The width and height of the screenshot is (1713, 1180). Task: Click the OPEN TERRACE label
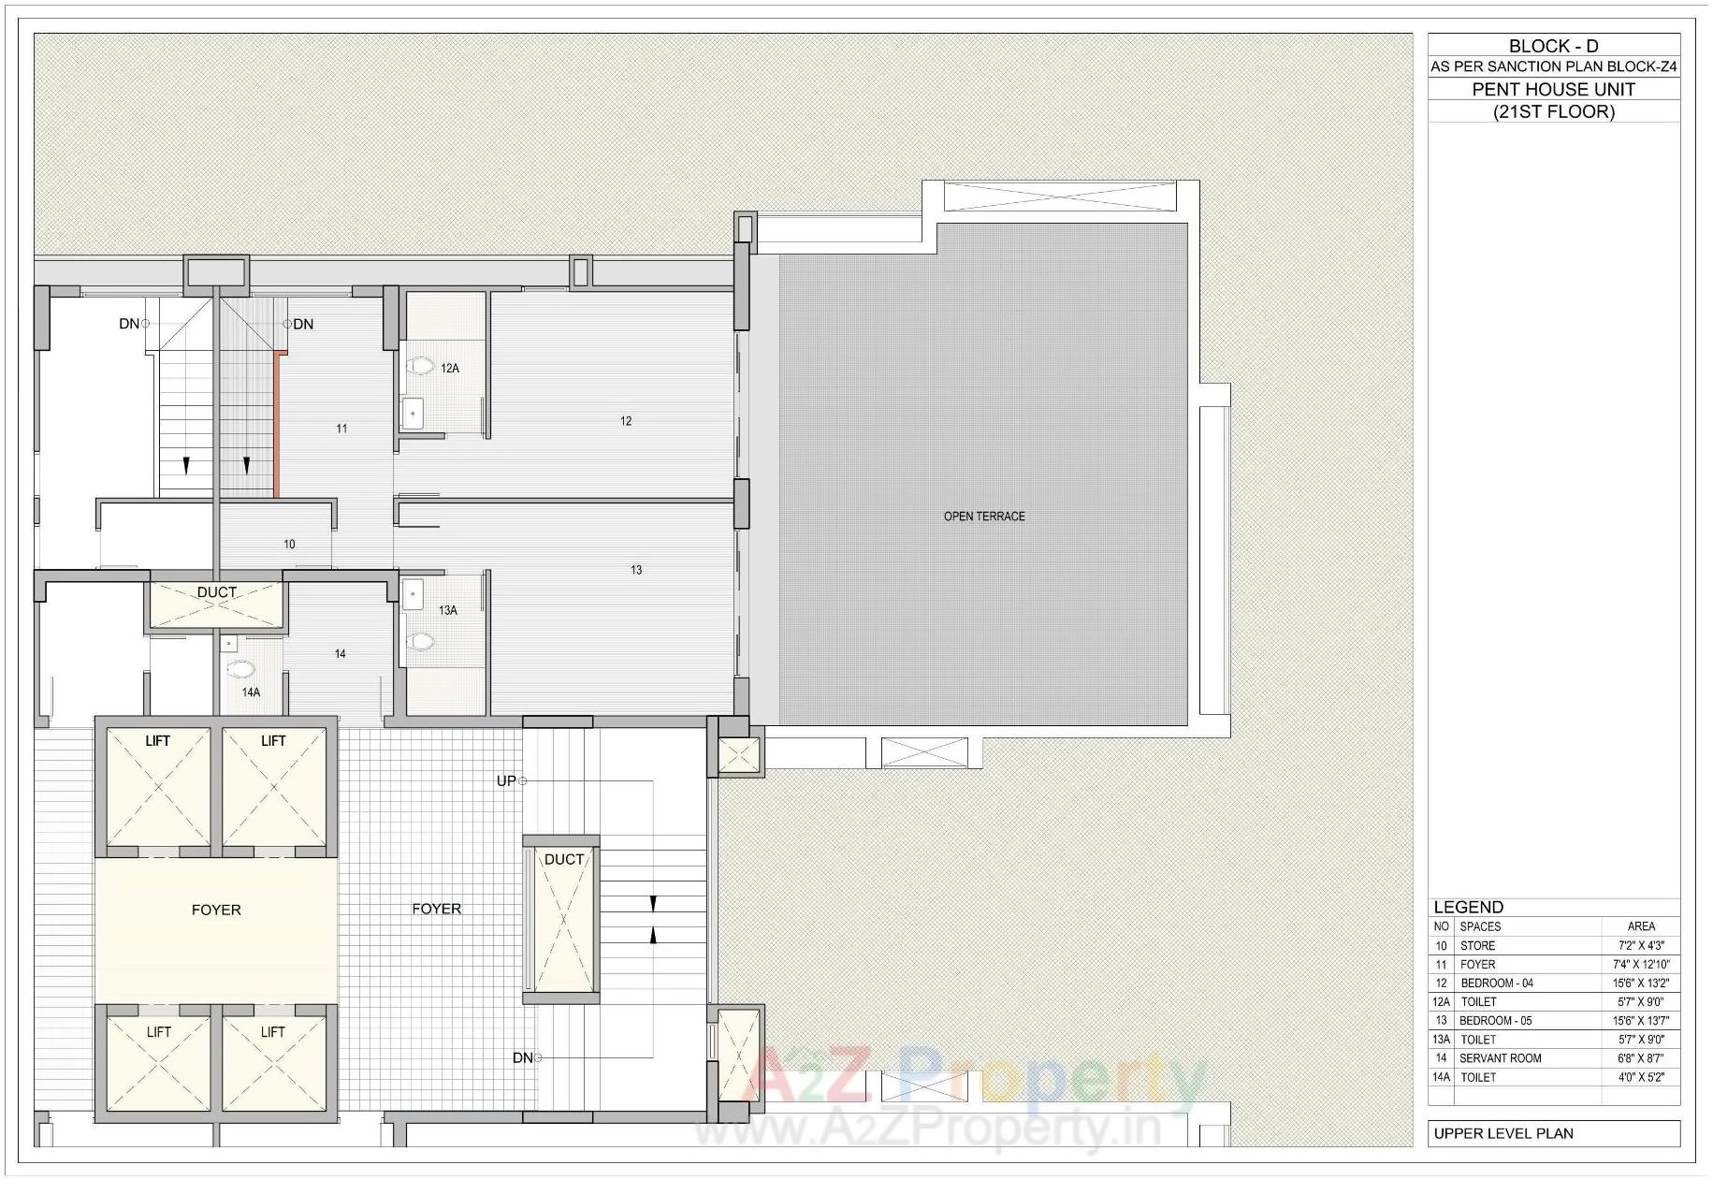coord(983,517)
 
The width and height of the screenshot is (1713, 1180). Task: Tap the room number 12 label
coord(626,421)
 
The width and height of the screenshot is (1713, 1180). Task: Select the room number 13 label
coord(636,570)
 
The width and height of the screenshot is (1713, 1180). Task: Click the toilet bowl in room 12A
coord(420,366)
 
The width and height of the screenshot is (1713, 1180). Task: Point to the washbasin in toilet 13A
coord(413,593)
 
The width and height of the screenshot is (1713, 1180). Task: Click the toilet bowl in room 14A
coord(241,669)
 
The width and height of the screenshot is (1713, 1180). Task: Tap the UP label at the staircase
coord(506,780)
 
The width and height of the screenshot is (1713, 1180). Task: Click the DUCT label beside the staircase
coord(564,859)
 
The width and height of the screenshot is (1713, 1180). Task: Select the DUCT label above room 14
coord(216,592)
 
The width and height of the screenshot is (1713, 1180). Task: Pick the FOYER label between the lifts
coord(216,910)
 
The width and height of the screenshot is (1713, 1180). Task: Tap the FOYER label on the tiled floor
coord(436,909)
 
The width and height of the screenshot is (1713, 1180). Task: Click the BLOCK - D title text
coord(1553,46)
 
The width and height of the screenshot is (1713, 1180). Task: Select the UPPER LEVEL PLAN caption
coord(1503,1133)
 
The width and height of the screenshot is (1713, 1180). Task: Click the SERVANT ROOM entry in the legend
coord(1500,1058)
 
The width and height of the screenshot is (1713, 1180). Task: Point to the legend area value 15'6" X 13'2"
coord(1640,983)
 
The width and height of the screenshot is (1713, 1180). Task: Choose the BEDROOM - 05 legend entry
coord(1495,1021)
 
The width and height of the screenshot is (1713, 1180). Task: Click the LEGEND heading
coord(1468,907)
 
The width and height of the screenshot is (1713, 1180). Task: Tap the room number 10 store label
coord(289,544)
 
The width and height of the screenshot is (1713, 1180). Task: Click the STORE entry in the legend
coord(1477,946)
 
